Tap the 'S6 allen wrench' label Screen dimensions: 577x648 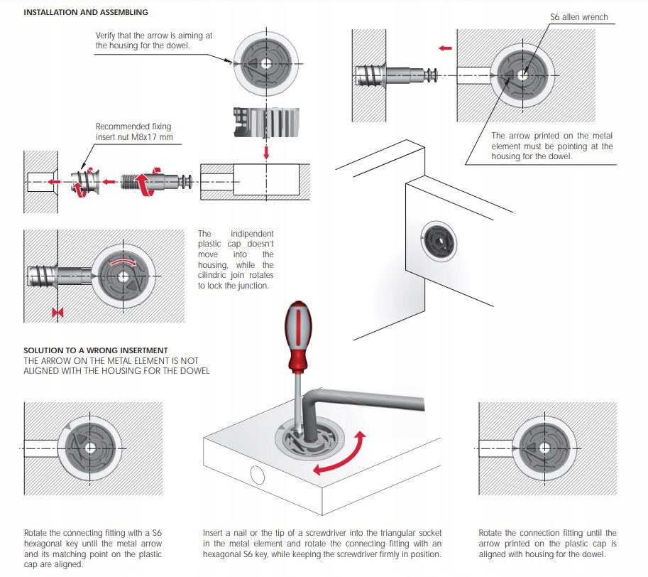(x=578, y=17)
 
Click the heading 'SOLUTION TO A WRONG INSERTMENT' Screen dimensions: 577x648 (x=96, y=350)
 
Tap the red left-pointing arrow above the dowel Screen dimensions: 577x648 (x=445, y=48)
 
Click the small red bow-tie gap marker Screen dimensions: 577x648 (x=57, y=313)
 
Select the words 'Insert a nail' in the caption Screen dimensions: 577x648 (x=227, y=533)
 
